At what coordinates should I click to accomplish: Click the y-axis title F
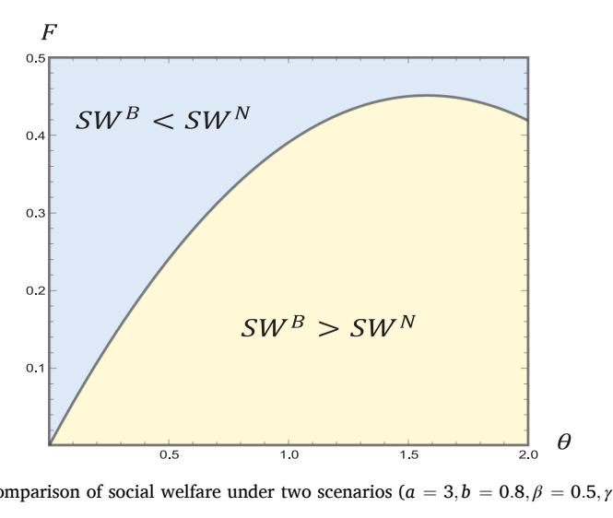point(50,32)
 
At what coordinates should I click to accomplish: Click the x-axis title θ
point(563,441)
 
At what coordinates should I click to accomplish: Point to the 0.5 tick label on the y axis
point(36,58)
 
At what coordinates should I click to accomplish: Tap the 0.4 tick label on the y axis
point(36,135)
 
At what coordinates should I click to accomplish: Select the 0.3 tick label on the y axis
point(36,213)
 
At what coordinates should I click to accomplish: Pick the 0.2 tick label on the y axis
point(36,290)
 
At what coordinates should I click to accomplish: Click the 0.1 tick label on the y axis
point(36,368)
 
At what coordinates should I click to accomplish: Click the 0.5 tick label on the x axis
point(170,454)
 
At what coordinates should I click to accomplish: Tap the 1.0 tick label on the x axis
point(289,454)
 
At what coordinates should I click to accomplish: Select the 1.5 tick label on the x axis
point(409,454)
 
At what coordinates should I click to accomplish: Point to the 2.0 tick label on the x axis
point(528,454)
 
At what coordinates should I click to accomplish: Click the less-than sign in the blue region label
point(163,122)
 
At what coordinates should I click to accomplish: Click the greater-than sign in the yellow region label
point(328,329)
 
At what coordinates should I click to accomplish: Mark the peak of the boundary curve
point(426,95)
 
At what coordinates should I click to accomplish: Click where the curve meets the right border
point(528,121)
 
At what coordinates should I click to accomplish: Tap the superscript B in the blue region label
point(132,113)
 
